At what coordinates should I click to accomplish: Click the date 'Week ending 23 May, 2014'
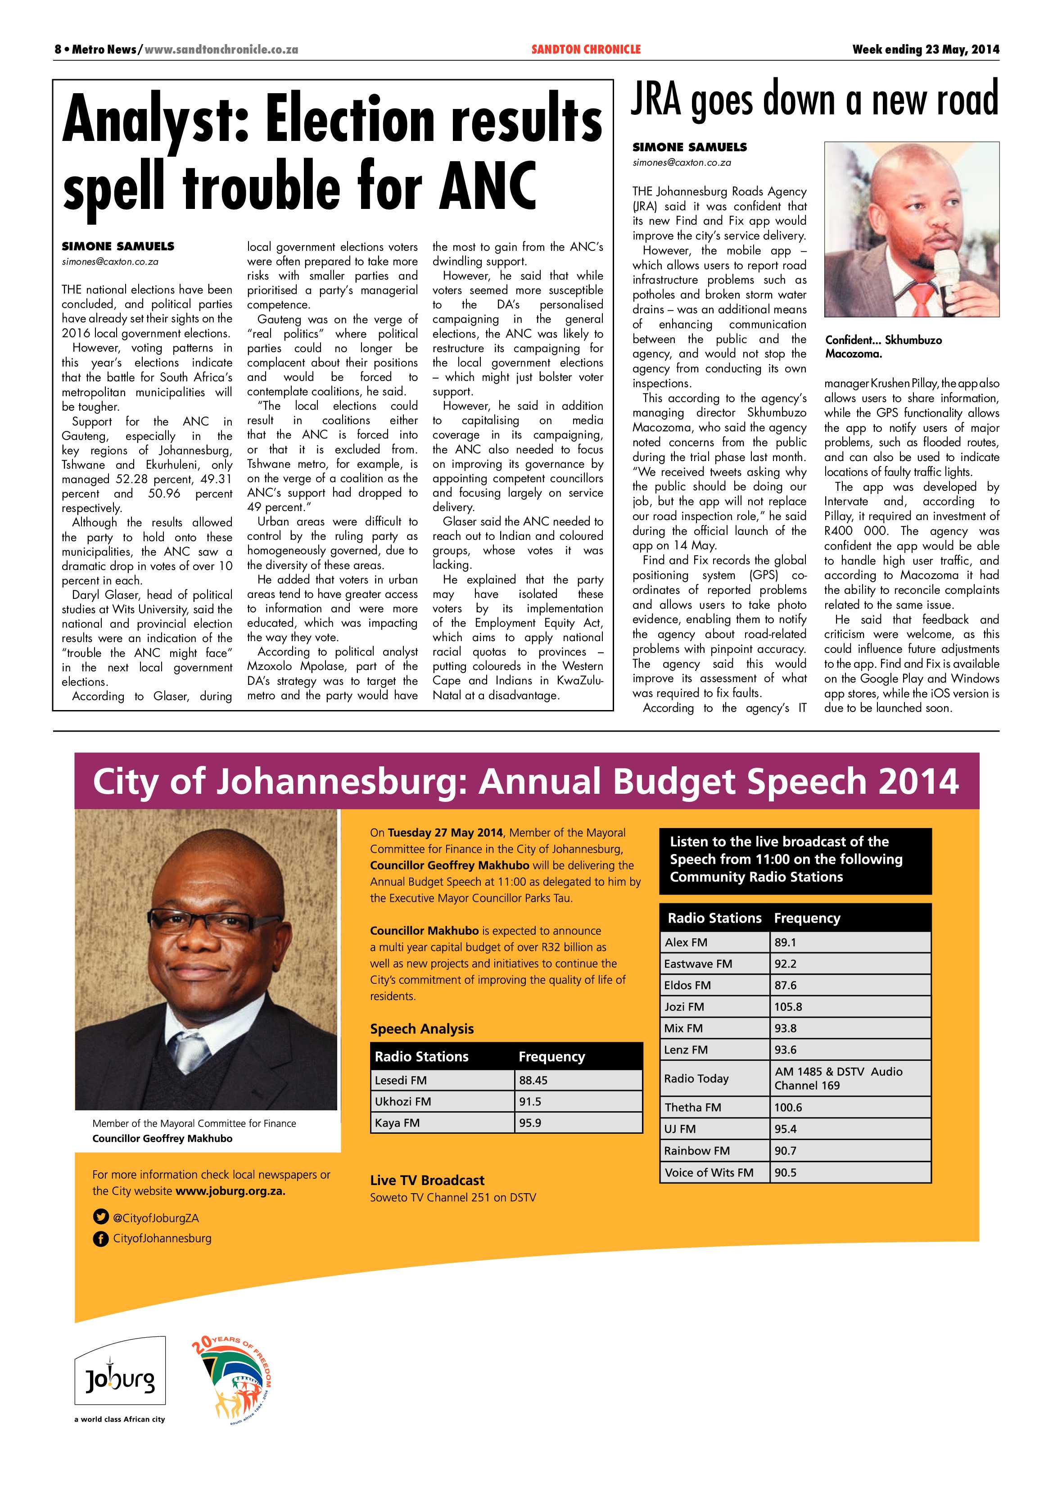click(925, 49)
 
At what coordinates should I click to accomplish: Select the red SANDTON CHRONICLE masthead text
click(586, 49)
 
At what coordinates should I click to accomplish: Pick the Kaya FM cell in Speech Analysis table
click(397, 1122)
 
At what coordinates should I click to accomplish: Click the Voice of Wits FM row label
click(709, 1172)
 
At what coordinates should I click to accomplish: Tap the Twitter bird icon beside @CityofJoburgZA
click(100, 1218)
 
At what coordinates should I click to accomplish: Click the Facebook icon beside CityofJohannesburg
click(100, 1239)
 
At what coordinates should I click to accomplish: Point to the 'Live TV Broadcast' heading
click(427, 1180)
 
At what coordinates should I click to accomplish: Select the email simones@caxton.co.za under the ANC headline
click(110, 262)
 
